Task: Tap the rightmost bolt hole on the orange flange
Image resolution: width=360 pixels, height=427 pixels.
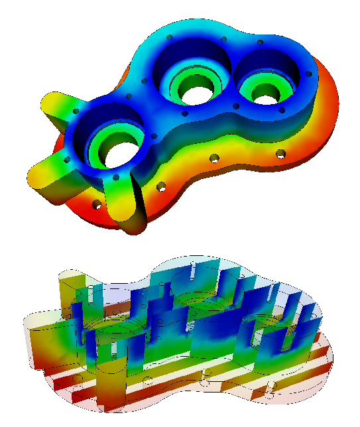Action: coord(281,153)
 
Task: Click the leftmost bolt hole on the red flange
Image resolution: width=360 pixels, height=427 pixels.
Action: coord(97,204)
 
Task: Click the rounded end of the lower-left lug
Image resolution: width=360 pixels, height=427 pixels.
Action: coord(37,179)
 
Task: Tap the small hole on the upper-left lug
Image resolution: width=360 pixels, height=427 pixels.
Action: coord(77,111)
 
